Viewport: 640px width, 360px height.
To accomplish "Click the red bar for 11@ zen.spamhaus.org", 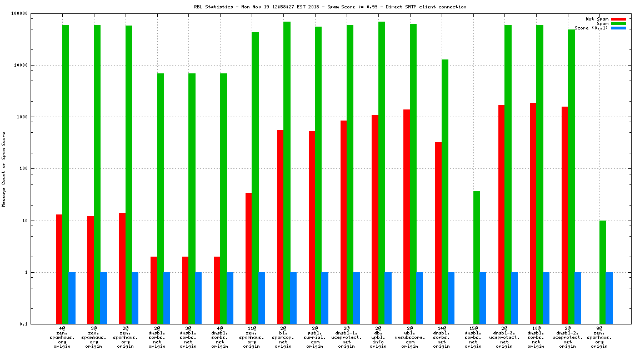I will [249, 258].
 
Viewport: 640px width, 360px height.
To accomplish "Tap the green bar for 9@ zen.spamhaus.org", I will [603, 272].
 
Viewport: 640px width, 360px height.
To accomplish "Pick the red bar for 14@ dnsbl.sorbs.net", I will [438, 233].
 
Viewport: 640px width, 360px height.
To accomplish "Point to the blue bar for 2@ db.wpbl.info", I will [388, 298].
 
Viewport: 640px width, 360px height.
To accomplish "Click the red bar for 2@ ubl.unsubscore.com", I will [407, 217].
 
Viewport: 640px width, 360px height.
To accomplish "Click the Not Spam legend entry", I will [597, 19].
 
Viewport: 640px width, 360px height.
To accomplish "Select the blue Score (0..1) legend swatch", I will [618, 28].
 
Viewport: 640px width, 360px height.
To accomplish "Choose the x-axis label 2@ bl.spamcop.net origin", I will [283, 337].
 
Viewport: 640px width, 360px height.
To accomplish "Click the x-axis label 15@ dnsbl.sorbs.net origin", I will [473, 337].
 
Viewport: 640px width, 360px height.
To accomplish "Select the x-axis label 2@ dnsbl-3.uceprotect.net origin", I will [504, 337].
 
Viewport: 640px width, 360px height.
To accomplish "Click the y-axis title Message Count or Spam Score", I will [4, 169].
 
